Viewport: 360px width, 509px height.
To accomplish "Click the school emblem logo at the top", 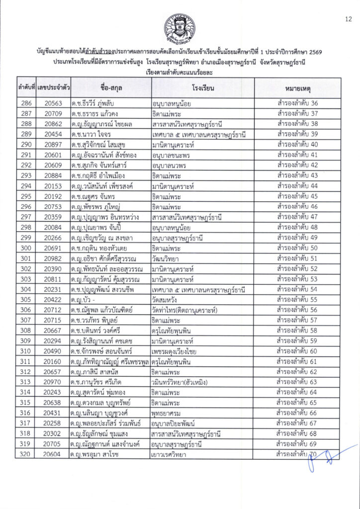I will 180,28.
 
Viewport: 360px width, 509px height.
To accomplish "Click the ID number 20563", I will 53,103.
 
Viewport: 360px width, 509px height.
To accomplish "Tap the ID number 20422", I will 53,299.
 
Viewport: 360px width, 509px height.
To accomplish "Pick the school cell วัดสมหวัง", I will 169,299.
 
